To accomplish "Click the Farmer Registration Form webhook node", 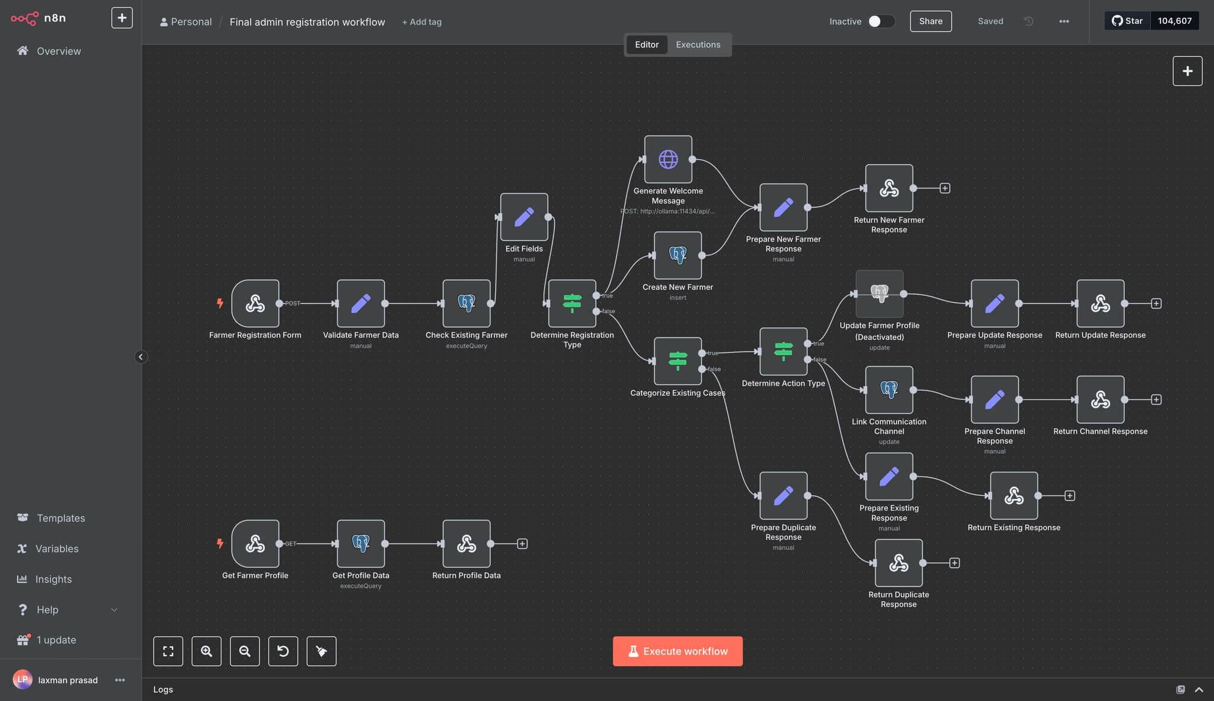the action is click(x=255, y=303).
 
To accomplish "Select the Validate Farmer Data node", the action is click(x=360, y=303).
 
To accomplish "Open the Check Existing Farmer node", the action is click(x=467, y=303).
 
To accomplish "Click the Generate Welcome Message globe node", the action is click(x=668, y=159).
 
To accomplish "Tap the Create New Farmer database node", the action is click(x=678, y=255).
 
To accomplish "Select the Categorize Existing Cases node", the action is click(x=678, y=361).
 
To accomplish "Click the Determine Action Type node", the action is click(x=783, y=351).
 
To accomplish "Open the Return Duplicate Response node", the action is click(x=899, y=563).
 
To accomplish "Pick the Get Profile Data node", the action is click(x=360, y=543).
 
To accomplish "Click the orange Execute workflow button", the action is click(x=678, y=651).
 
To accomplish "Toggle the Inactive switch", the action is click(x=881, y=21).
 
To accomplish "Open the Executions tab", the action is click(x=698, y=44).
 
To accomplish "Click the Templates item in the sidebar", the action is click(x=60, y=518).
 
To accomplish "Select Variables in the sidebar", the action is click(x=57, y=549).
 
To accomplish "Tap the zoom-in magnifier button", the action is click(x=206, y=651).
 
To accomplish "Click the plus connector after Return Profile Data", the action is click(x=522, y=544).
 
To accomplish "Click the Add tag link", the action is click(x=421, y=22).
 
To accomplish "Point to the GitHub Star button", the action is click(x=1127, y=21).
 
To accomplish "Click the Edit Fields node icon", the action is click(x=524, y=216).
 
